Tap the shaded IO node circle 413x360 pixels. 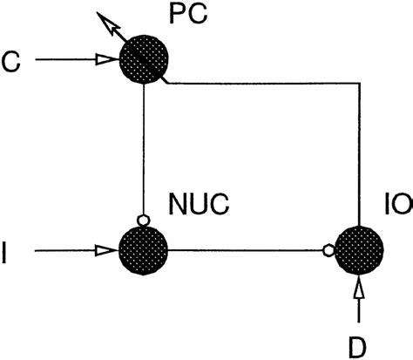click(x=356, y=252)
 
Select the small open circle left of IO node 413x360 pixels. click(x=328, y=251)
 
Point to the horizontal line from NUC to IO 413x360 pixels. click(x=244, y=251)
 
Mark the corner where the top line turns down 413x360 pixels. click(x=357, y=84)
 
